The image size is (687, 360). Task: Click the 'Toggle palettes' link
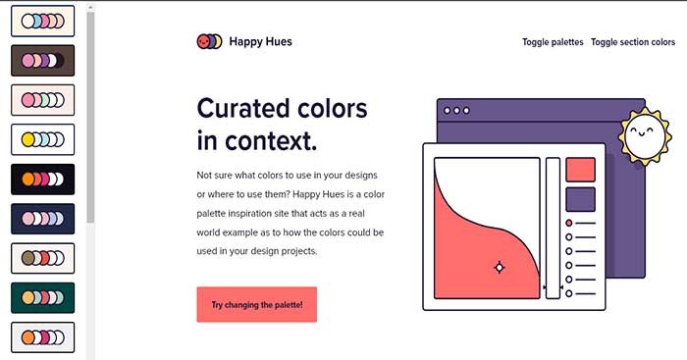(x=553, y=42)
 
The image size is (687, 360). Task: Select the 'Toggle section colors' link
(x=633, y=42)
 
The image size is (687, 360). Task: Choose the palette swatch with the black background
(x=42, y=180)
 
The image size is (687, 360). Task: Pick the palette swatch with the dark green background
(x=42, y=297)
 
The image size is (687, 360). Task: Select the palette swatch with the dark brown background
(x=42, y=61)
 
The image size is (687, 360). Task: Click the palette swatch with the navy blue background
(x=42, y=219)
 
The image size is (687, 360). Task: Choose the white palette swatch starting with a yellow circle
(x=42, y=139)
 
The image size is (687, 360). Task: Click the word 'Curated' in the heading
(x=248, y=107)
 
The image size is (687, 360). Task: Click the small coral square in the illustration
(x=581, y=170)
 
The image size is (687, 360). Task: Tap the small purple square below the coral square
(x=581, y=200)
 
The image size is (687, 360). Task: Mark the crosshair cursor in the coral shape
(x=499, y=267)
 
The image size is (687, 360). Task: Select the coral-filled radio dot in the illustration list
(x=569, y=223)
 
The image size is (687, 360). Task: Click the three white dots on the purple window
(x=456, y=111)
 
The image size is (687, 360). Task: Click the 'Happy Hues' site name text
(x=260, y=42)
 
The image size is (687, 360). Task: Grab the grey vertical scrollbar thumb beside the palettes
(x=90, y=118)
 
